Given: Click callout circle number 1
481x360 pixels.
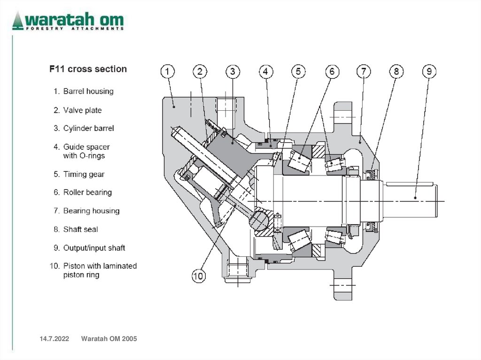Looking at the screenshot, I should (168, 72).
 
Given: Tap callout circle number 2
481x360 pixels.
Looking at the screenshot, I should (200, 72).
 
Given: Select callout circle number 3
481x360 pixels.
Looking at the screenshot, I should (233, 72).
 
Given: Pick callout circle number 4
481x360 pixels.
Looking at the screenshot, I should (265, 72).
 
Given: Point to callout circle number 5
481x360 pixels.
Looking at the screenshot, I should (298, 72).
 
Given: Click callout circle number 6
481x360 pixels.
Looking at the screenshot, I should (332, 72).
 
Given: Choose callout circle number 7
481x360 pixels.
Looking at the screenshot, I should (364, 72).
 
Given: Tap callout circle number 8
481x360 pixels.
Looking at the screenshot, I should (396, 72).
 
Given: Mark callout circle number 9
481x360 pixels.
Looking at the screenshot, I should (429, 72).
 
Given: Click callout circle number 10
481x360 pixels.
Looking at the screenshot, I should (199, 276).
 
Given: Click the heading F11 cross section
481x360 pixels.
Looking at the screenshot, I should (88, 69).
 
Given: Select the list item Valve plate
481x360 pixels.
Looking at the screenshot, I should (82, 110).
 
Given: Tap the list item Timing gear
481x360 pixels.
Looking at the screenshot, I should (84, 174).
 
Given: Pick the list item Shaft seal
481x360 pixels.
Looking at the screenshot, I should (80, 230).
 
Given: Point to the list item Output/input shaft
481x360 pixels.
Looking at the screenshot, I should (94, 248).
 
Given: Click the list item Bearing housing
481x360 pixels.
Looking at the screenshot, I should (91, 211).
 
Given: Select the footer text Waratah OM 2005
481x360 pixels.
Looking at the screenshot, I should (109, 339).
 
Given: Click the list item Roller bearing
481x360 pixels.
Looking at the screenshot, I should (87, 192).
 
